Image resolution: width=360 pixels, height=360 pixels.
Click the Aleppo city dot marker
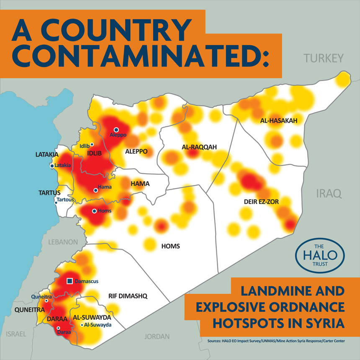coord(116,130)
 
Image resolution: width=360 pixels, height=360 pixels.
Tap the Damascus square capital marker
coord(70,281)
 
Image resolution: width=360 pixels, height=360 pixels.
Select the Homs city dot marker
coord(94,211)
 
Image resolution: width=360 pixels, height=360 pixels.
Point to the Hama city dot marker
coord(95,190)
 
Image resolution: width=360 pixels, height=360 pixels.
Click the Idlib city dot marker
coord(92,144)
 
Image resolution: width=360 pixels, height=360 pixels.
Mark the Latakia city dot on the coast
coord(52,166)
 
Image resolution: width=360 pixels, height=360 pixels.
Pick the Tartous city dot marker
coord(56,203)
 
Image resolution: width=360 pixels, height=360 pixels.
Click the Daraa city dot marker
coord(59,328)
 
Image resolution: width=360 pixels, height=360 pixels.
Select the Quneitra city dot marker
coord(46,300)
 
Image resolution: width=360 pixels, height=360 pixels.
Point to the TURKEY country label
coord(324,58)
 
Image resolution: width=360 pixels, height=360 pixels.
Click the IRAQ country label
coord(329,193)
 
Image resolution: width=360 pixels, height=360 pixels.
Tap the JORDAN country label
coord(157,336)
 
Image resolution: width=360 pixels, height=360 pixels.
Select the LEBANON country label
coord(63,242)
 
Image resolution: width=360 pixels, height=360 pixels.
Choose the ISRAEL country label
coord(16,334)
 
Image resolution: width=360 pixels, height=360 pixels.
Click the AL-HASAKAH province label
coord(278,121)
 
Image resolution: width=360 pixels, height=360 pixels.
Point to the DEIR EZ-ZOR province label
coord(261,202)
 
